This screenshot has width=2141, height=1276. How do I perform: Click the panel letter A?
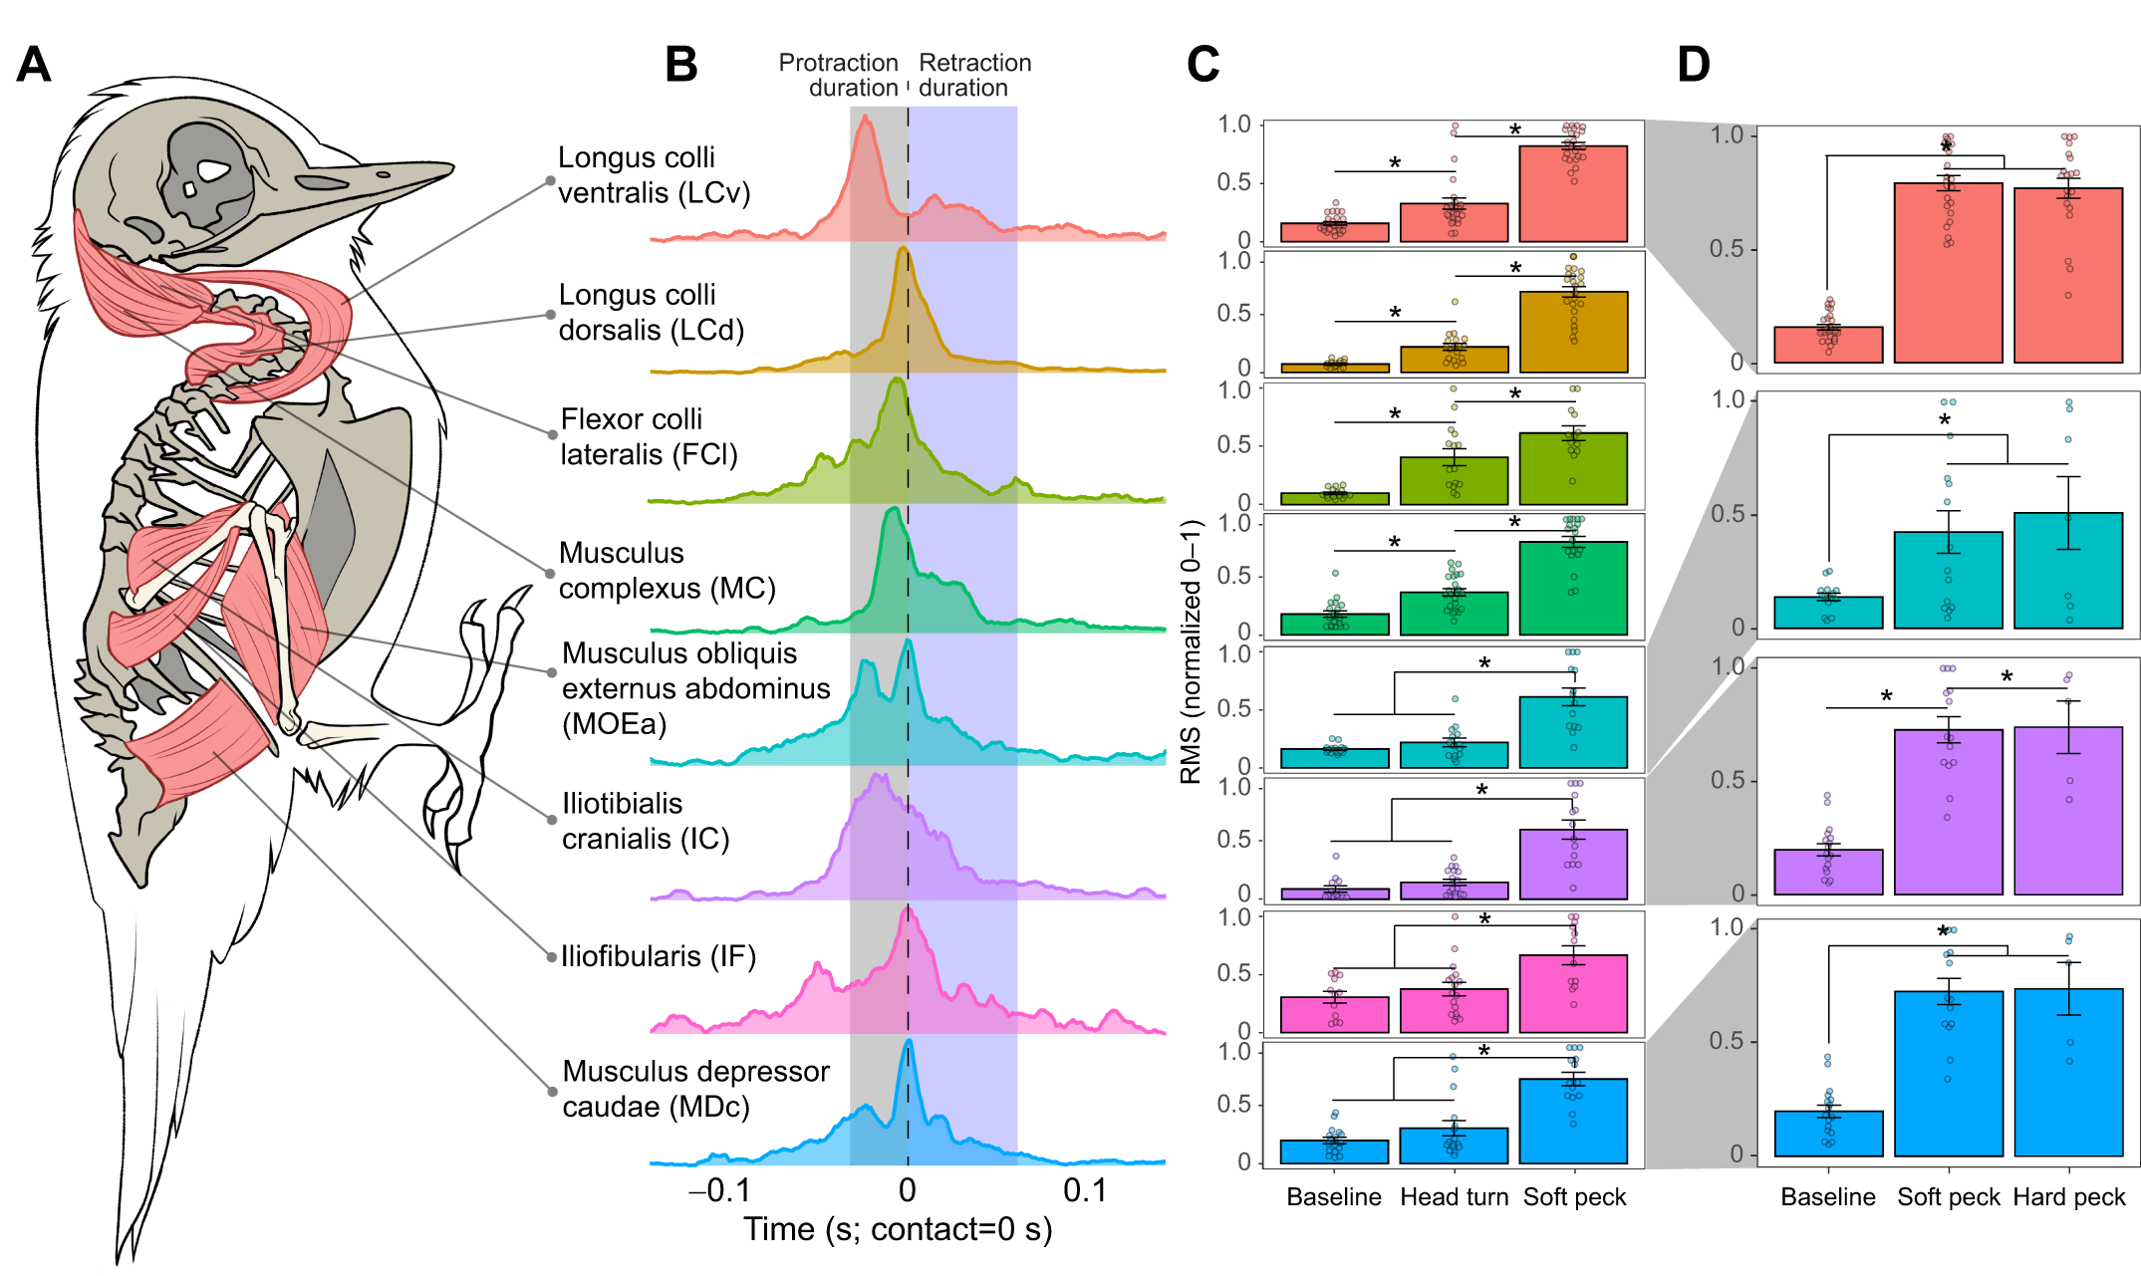34,66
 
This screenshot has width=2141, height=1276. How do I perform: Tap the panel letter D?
1694,66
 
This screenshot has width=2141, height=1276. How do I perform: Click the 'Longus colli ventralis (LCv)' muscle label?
654,175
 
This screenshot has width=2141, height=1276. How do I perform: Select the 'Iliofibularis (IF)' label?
659,956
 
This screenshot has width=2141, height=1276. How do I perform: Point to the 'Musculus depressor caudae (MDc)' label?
695,1089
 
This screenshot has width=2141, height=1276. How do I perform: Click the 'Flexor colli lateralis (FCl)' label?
649,437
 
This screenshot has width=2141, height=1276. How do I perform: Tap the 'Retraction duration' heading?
974,76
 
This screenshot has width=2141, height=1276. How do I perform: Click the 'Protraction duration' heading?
839,76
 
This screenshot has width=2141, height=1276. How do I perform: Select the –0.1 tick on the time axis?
719,1190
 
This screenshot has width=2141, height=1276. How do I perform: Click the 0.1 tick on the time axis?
1085,1190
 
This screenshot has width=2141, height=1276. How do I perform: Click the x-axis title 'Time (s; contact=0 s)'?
898,1230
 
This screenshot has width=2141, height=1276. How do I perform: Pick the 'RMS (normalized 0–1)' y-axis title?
1192,651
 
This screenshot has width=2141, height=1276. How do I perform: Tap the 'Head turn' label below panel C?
1454,1197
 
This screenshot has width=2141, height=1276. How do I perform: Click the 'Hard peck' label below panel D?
2069,1197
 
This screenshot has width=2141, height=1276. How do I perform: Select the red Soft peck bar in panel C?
1573,194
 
